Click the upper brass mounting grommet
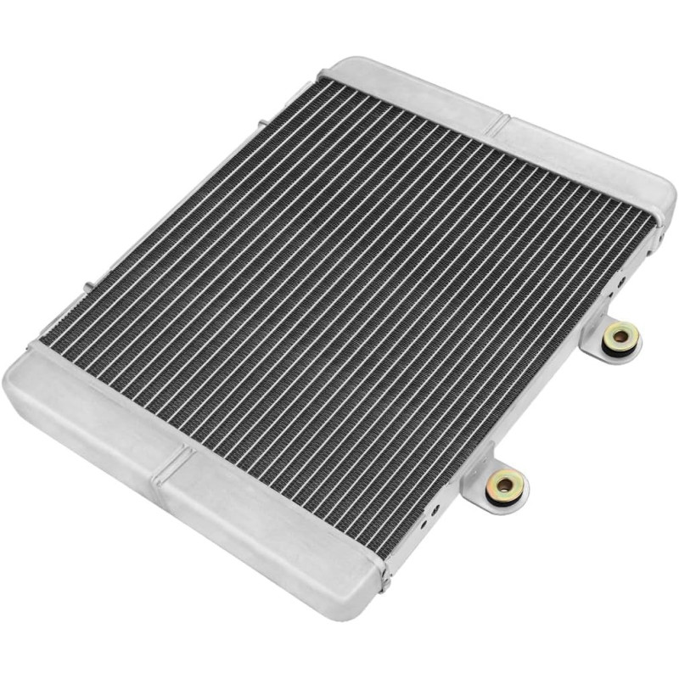pyautogui.click(x=621, y=338)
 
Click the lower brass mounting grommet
pyautogui.click(x=506, y=485)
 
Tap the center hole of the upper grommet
pyautogui.click(x=621, y=337)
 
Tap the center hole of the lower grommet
pyautogui.click(x=506, y=485)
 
